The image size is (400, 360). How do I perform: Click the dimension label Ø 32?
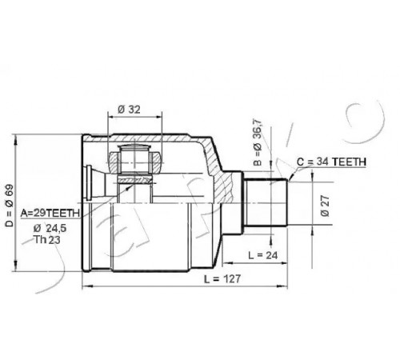(129, 110)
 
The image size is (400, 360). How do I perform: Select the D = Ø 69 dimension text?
(10, 206)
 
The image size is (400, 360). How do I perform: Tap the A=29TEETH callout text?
(50, 213)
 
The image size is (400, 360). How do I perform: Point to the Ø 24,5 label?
(50, 229)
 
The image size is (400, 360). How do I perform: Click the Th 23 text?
(47, 240)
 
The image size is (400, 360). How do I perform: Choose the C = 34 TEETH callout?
(331, 162)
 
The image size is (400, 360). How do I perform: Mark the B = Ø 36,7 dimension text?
(258, 142)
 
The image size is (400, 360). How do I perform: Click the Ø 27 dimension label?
(326, 206)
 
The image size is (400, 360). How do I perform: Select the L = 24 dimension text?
(263, 255)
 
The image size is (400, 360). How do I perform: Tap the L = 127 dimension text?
(222, 279)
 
